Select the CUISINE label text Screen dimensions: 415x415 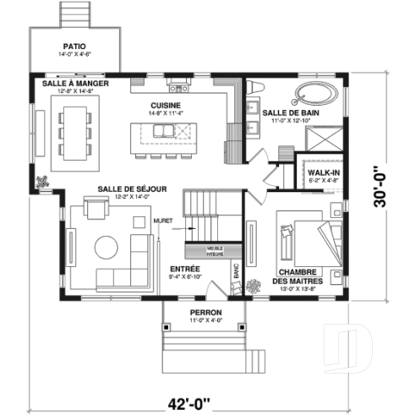(164, 106)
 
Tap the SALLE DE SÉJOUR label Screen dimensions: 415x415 (125, 189)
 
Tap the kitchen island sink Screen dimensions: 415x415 (181, 130)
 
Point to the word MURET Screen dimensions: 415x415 (163, 221)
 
